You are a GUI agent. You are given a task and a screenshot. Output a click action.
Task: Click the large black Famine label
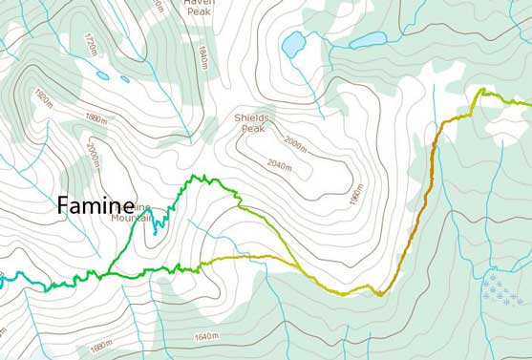[96, 204]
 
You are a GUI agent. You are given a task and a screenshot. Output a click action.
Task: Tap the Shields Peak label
[251, 122]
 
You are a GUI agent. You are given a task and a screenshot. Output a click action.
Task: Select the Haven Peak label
[200, 7]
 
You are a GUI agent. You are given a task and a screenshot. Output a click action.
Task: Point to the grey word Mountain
[132, 218]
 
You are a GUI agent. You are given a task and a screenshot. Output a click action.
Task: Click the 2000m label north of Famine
[95, 153]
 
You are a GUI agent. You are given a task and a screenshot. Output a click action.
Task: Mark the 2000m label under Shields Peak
[296, 145]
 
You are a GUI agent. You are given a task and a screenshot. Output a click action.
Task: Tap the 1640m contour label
[205, 337]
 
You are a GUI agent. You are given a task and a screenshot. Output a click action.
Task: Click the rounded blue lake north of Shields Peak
[292, 43]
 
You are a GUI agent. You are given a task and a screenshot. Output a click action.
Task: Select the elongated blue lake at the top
[368, 40]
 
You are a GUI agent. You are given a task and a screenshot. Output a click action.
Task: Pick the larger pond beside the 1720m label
[125, 78]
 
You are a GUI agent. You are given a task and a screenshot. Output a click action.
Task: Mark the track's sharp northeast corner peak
[482, 91]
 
